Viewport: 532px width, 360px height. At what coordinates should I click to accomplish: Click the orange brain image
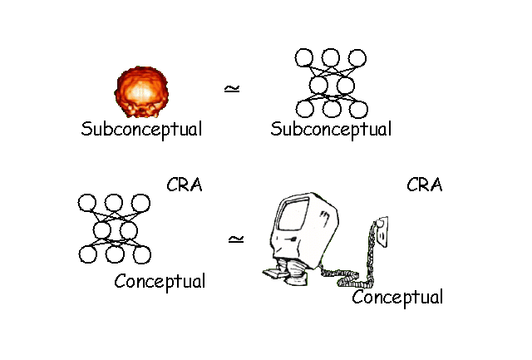point(142,93)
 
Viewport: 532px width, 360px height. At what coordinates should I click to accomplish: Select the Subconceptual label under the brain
point(141,130)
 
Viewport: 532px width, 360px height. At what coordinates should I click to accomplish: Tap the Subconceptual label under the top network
point(331,130)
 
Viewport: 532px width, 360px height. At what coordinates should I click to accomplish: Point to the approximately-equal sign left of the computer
point(236,239)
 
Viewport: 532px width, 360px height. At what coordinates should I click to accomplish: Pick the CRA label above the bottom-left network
point(184,185)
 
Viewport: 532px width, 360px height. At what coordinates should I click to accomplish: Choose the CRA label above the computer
point(424,185)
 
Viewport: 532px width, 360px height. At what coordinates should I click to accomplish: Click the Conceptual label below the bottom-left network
point(160,281)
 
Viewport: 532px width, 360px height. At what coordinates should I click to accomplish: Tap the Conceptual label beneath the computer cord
point(397,297)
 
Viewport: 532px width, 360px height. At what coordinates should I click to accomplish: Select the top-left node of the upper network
point(304,58)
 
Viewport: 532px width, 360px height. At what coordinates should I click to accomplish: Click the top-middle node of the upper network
point(331,58)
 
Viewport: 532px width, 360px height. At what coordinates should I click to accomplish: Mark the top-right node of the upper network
point(357,58)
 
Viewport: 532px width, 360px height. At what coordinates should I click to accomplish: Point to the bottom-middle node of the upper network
point(331,109)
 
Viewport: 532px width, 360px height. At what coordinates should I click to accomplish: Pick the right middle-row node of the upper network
point(344,84)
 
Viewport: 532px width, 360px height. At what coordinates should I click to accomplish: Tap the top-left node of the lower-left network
point(87,204)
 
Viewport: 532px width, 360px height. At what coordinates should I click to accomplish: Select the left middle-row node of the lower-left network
point(101,229)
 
